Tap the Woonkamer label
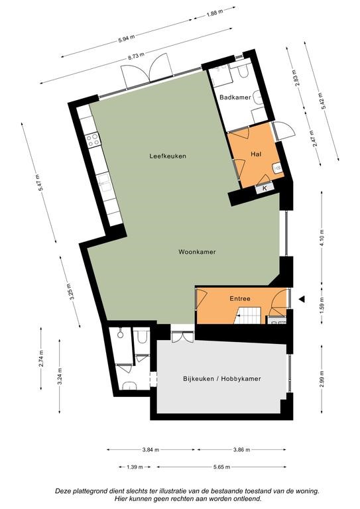(x=197, y=252)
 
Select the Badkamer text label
(x=235, y=97)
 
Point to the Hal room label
(x=256, y=154)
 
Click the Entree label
(x=240, y=299)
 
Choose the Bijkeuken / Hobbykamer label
(x=221, y=378)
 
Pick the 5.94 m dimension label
(x=127, y=38)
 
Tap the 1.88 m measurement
(x=215, y=13)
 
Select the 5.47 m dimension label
(x=39, y=182)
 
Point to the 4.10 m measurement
(x=322, y=239)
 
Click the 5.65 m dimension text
(x=222, y=467)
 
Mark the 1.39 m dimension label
(x=135, y=467)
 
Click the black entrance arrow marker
(x=302, y=300)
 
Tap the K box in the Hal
(x=265, y=188)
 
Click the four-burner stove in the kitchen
(x=93, y=140)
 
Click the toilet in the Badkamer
(x=243, y=71)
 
